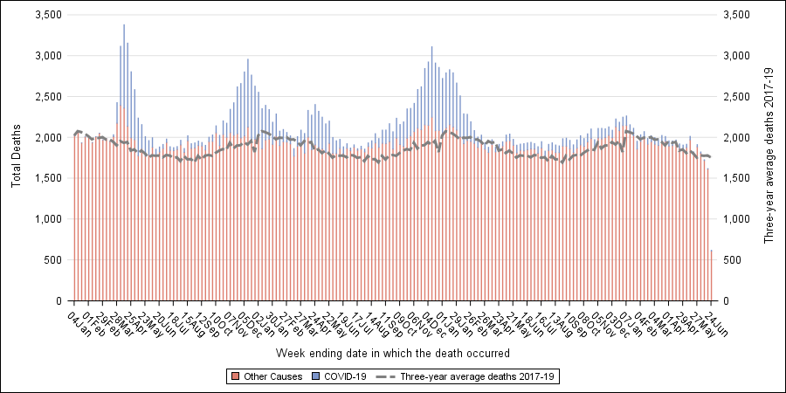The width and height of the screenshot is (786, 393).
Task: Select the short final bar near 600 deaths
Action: [711, 275]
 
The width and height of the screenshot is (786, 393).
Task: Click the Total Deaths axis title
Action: [16, 157]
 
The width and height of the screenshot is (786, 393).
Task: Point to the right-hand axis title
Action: [769, 157]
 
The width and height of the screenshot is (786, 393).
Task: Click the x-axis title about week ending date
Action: [392, 353]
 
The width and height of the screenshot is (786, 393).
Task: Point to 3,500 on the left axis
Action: [46, 16]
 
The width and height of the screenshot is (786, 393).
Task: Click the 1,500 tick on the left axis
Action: [46, 178]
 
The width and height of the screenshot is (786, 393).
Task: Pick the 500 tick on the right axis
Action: [732, 260]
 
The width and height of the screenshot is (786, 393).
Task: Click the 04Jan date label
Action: [78, 319]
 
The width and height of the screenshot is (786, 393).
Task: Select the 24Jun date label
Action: [717, 319]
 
